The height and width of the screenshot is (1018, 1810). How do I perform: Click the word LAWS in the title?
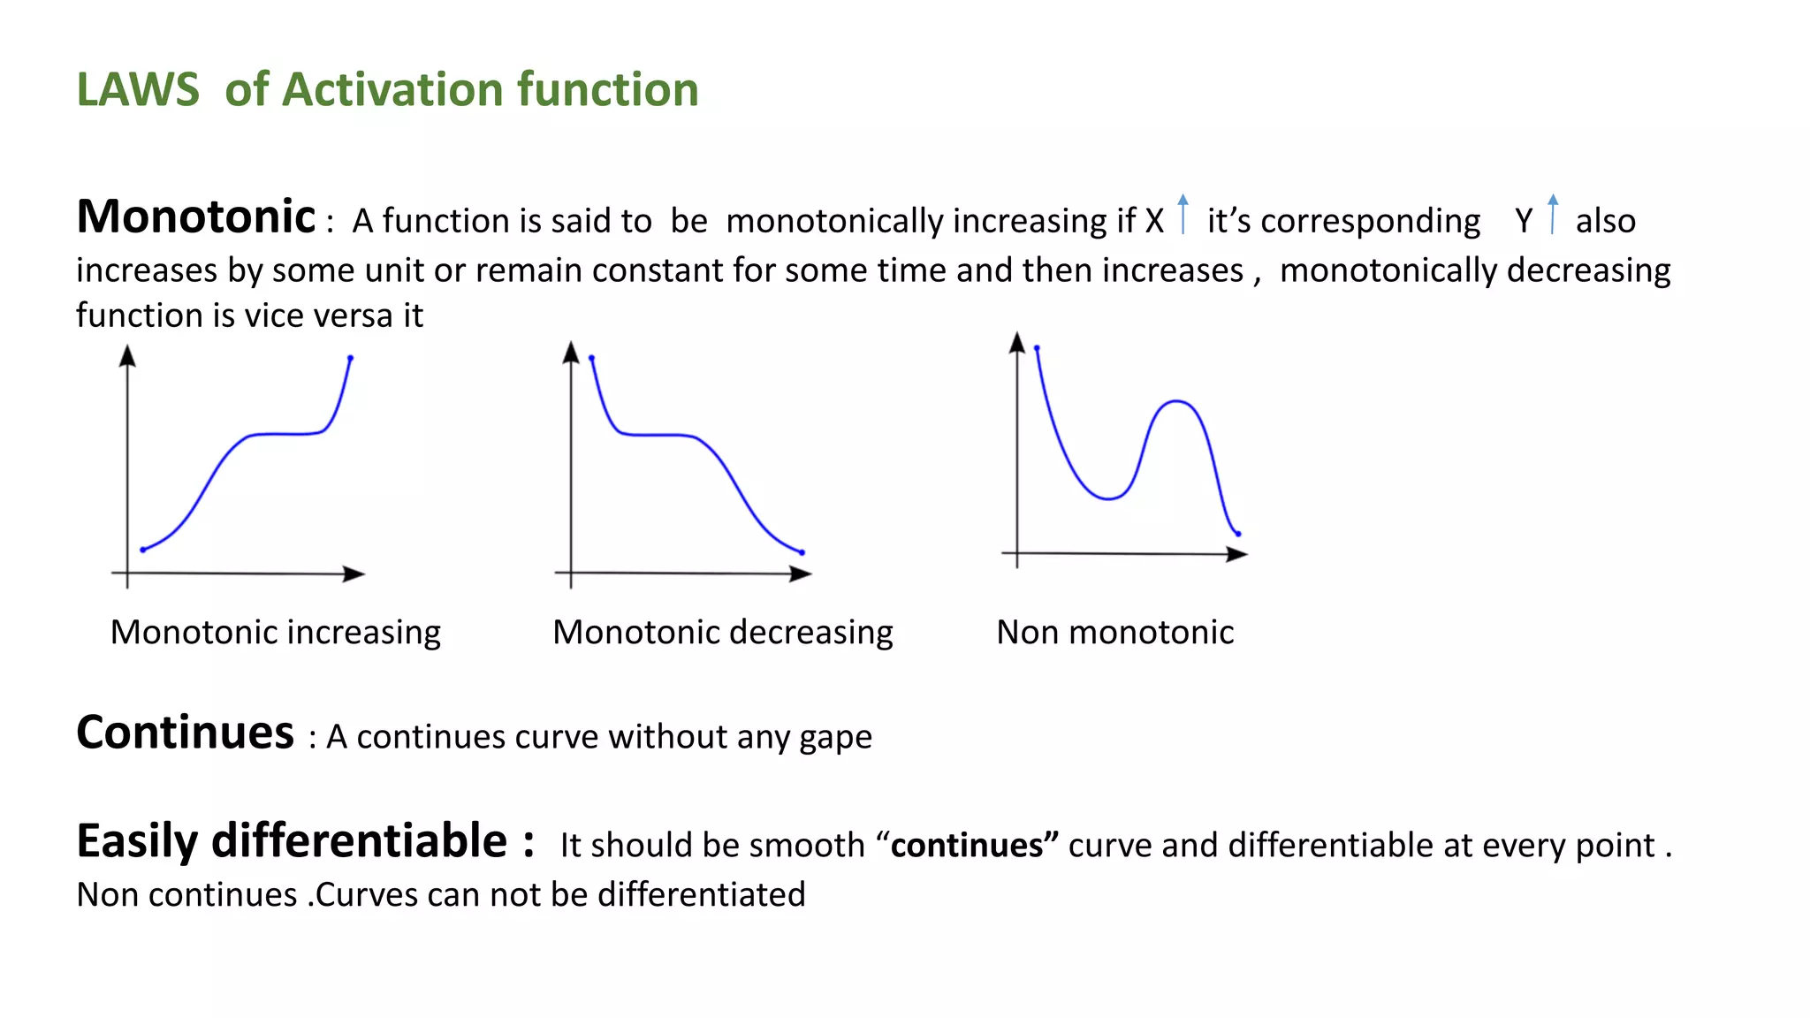[x=138, y=90]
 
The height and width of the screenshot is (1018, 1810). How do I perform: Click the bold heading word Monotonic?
[x=196, y=217]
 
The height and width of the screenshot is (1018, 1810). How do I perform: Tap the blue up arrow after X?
[x=1183, y=214]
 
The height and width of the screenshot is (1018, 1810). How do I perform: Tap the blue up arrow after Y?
[x=1553, y=214]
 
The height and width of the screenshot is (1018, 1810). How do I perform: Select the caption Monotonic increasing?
[x=275, y=633]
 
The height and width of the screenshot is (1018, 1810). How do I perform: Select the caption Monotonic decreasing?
[x=722, y=633]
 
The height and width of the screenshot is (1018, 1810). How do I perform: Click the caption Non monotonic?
[x=1114, y=633]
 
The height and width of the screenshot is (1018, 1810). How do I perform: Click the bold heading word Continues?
[x=185, y=733]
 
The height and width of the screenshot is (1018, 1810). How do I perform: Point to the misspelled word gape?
[x=835, y=738]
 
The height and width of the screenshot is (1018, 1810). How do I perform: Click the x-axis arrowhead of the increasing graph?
[x=355, y=574]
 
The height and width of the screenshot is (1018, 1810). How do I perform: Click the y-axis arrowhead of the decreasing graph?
[x=571, y=352]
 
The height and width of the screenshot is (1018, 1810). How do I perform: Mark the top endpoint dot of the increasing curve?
[x=351, y=358]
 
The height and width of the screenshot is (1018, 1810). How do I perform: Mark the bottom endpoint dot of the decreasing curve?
[x=802, y=552]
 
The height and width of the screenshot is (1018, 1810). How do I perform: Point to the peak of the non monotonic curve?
[x=1176, y=401]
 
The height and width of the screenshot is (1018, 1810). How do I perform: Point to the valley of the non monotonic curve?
[x=1108, y=499]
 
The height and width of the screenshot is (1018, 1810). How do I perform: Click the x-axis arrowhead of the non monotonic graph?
[x=1237, y=554]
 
